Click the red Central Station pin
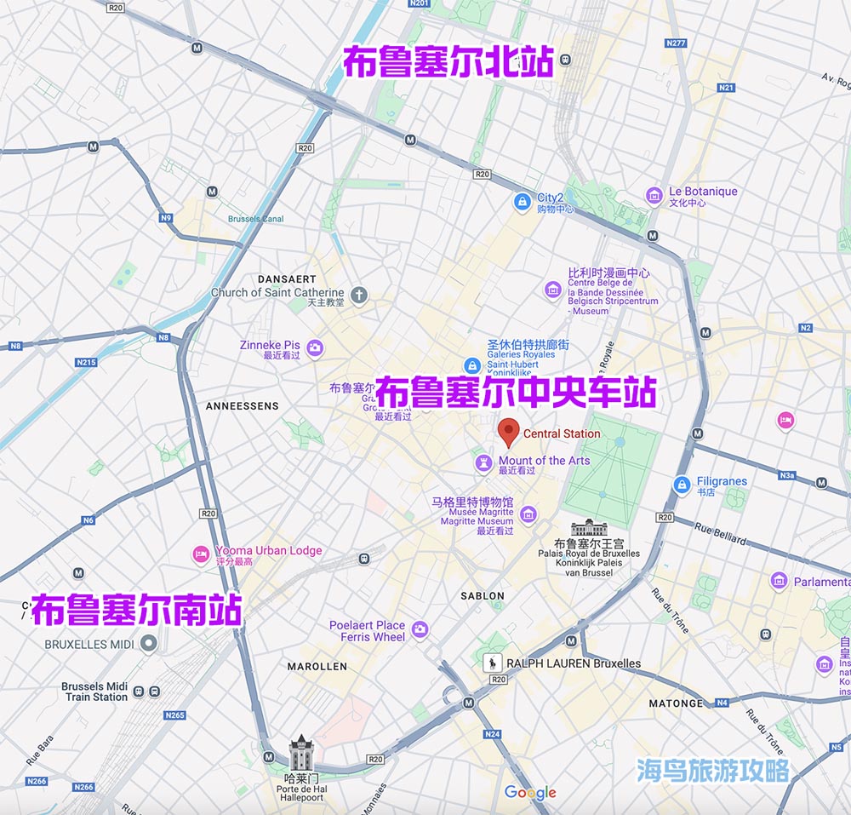coord(508,431)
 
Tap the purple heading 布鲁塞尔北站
coord(448,62)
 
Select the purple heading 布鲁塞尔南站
coord(136,611)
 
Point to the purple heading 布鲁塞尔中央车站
coord(516,394)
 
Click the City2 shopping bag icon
coord(522,202)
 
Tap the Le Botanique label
coord(703,192)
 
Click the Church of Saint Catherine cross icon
coord(359,296)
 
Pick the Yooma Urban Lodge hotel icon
coord(201,554)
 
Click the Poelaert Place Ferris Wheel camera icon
coord(419,630)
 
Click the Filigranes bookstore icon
coord(681,485)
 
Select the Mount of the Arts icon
coord(483,462)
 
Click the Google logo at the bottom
coord(530,793)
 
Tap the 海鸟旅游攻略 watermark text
coord(713,771)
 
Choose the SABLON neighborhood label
coord(483,596)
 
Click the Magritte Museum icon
coord(528,514)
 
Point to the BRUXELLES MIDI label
coord(89,645)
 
